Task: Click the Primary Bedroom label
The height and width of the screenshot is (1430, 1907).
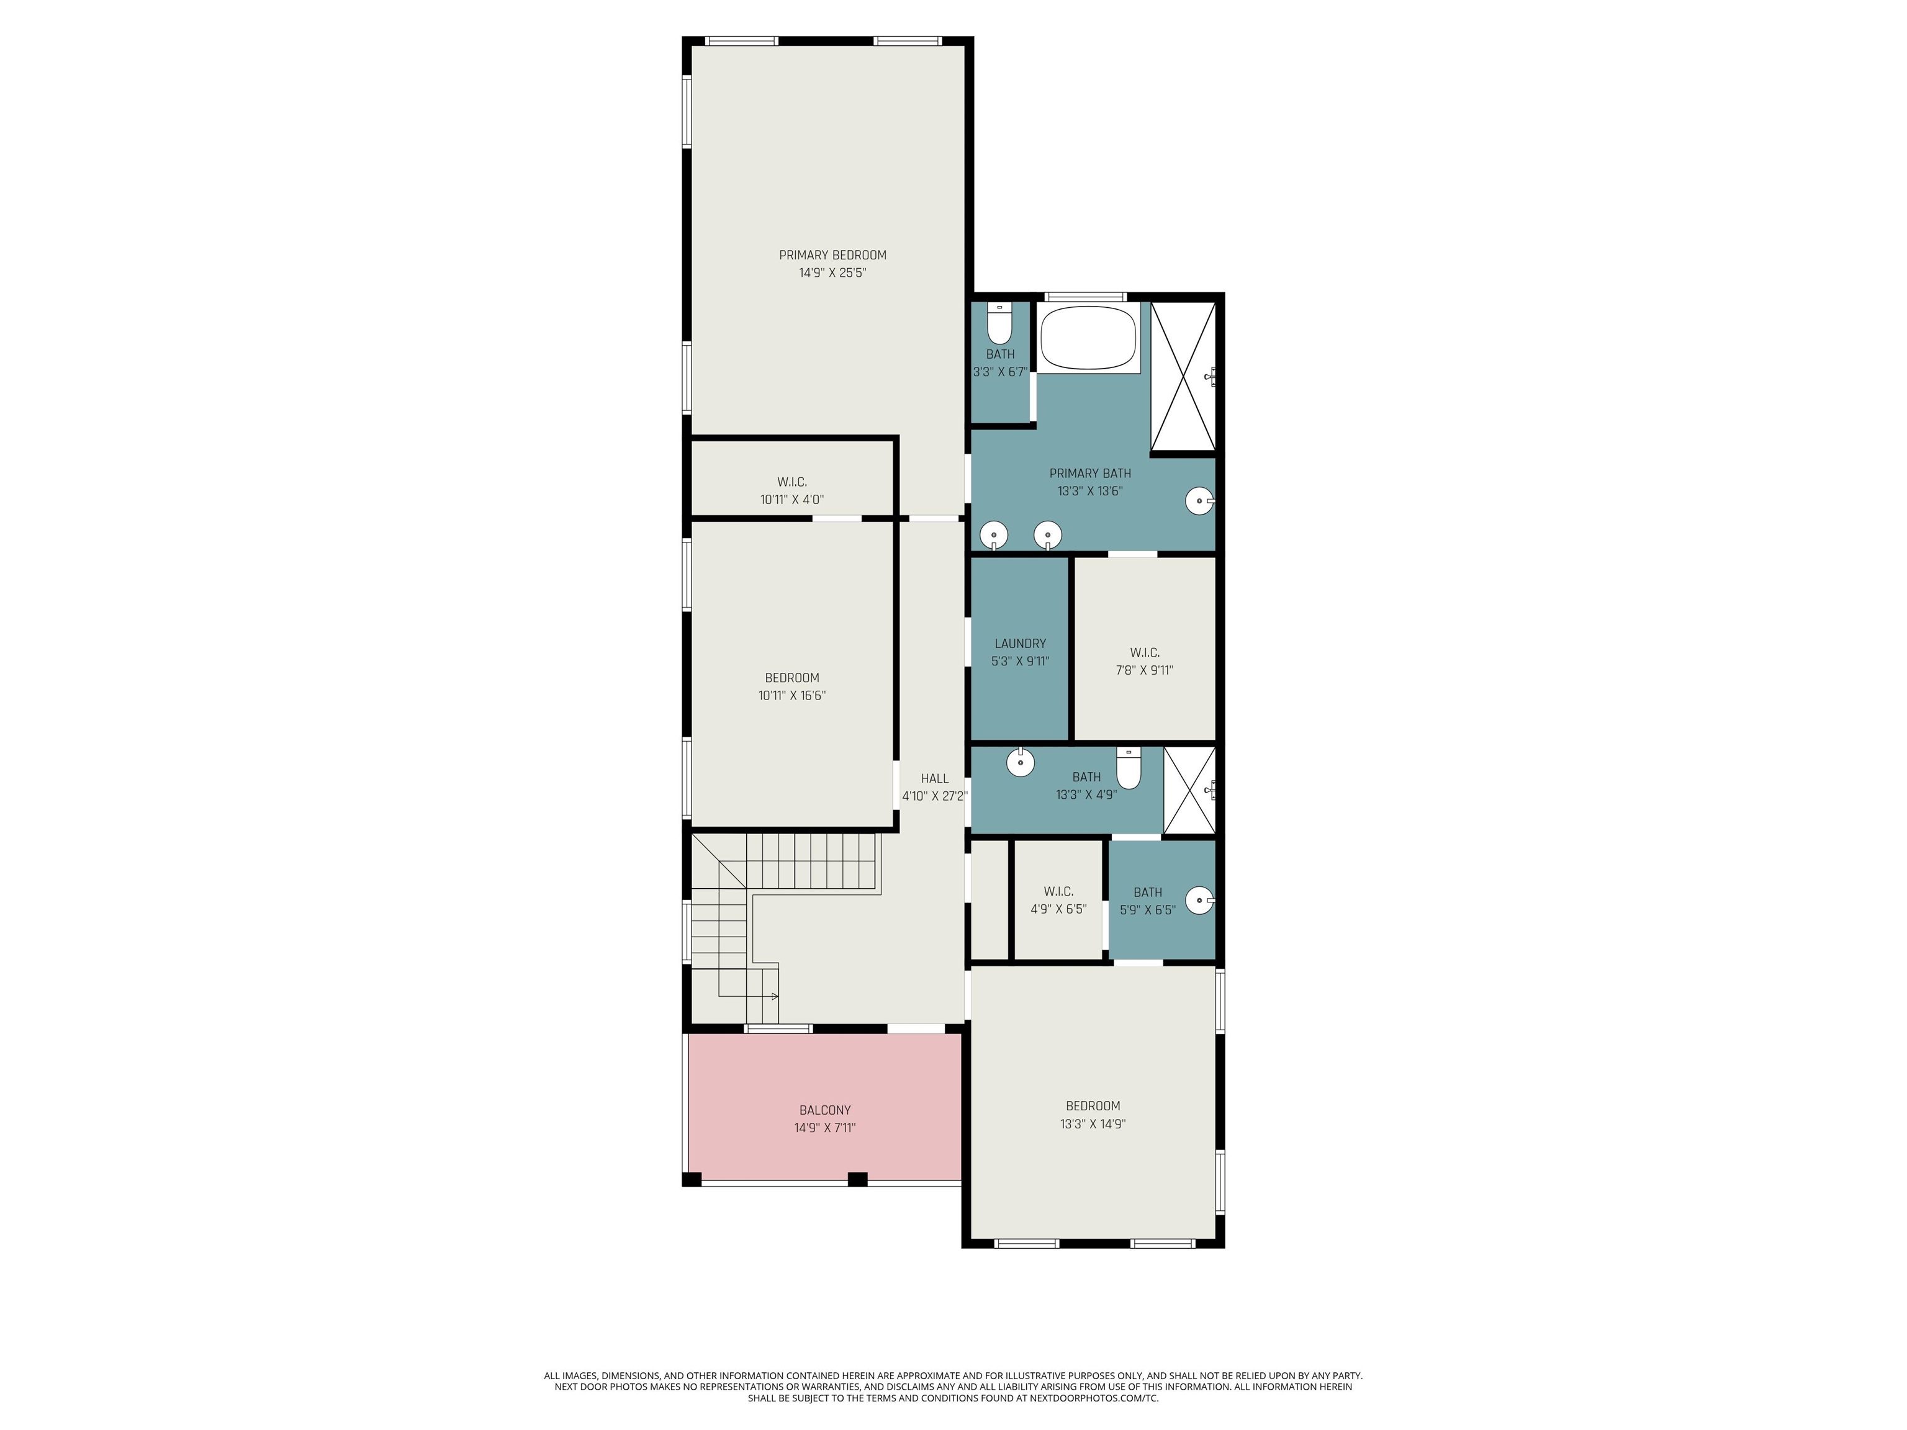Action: [832, 255]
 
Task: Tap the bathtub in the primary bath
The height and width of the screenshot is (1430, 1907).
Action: [1088, 338]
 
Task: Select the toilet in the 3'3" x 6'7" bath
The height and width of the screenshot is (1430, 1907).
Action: [999, 324]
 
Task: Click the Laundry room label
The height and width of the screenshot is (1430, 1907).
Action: [1020, 644]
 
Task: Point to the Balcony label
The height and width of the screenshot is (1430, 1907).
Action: [825, 1110]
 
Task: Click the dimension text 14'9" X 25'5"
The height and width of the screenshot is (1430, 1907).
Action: [832, 273]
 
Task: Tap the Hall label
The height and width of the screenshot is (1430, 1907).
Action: [934, 778]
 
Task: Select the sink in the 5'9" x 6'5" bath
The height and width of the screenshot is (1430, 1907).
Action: [1199, 901]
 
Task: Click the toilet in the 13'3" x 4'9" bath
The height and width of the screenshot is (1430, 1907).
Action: [1129, 768]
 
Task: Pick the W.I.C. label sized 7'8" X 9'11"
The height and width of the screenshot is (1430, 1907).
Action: [1144, 652]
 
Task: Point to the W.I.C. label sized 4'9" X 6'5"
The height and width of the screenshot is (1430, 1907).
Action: [1058, 891]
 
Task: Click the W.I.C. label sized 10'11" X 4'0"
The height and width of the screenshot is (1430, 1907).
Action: [791, 482]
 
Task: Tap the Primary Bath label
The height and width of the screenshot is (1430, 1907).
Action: [1089, 473]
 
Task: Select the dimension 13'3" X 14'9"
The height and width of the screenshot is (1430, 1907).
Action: [1093, 1124]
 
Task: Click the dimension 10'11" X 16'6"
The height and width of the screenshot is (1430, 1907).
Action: [791, 696]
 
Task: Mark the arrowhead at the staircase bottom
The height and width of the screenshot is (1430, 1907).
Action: [776, 996]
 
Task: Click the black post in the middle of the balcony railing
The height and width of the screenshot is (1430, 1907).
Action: [857, 1179]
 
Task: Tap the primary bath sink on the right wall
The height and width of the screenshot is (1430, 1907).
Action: [1199, 501]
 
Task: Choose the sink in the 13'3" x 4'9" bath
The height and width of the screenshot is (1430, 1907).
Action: [1020, 762]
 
